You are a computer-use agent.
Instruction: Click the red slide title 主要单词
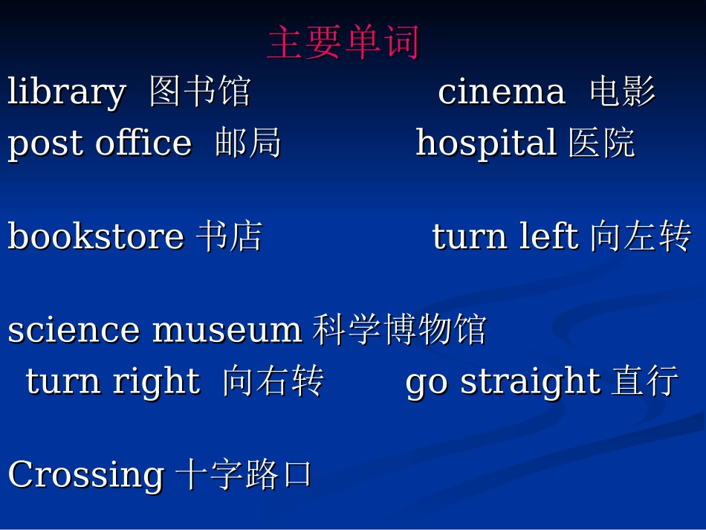click(343, 42)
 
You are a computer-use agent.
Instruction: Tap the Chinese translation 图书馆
click(199, 92)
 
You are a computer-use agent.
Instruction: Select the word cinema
click(502, 92)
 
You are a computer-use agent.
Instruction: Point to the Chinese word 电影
click(623, 92)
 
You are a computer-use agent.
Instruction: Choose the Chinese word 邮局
click(248, 143)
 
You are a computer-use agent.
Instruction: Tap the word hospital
click(486, 143)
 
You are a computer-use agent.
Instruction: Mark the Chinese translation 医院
click(602, 143)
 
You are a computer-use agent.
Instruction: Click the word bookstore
click(96, 236)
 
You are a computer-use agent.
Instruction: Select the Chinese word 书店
click(230, 236)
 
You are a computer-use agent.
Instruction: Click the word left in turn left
click(548, 236)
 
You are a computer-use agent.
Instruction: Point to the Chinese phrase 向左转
click(641, 236)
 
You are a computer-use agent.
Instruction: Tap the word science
click(74, 330)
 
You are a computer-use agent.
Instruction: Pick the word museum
click(227, 330)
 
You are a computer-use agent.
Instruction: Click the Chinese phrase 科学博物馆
click(399, 330)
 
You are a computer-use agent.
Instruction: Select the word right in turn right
click(156, 382)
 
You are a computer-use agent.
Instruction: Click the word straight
click(530, 382)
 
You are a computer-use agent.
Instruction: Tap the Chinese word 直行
click(645, 381)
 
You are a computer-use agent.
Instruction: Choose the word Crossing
click(85, 474)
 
